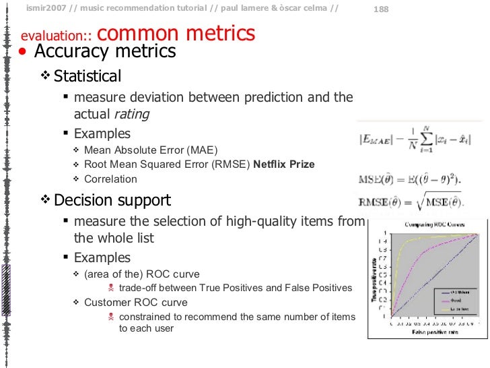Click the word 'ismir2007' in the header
45,8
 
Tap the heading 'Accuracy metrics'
104,51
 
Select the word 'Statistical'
87,76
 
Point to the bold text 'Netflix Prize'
283,164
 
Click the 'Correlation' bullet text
110,179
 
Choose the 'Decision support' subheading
112,200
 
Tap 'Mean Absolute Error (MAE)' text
151,150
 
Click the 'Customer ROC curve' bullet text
135,302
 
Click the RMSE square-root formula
411,200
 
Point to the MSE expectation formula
410,180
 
